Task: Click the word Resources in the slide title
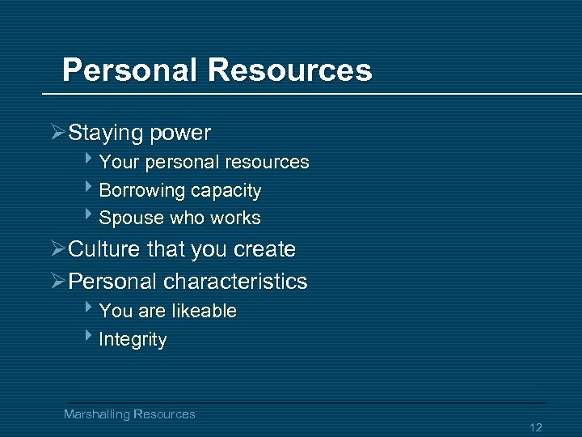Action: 290,70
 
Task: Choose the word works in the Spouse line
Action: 235,218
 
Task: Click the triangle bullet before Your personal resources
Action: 91,161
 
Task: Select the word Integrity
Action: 133,340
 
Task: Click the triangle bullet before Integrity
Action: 91,338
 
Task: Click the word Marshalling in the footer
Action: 97,414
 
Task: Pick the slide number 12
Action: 536,427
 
